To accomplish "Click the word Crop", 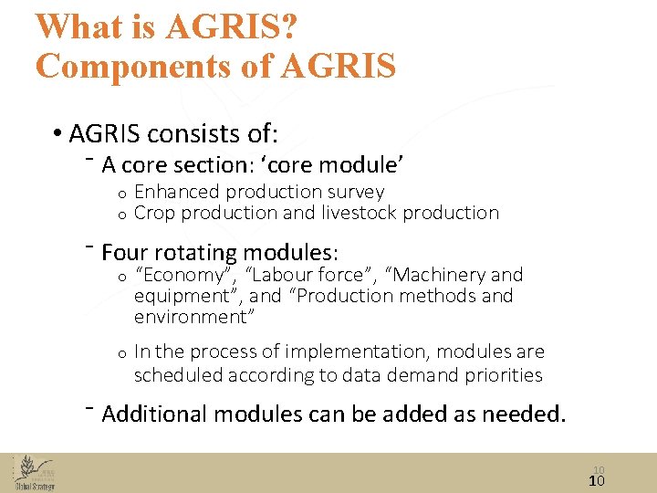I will click(155, 213).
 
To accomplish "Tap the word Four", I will click(124, 252).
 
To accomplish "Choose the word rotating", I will click(191, 252).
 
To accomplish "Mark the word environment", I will click(194, 317).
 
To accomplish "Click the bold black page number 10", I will click(597, 481).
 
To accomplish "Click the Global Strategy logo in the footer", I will click(34, 473).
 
